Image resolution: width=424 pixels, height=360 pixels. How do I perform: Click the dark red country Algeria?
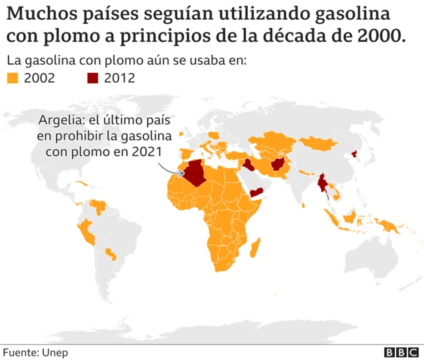tap(197, 173)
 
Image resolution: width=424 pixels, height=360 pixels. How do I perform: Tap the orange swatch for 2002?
tap(12, 79)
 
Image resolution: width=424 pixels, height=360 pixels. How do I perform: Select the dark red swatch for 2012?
tap(93, 79)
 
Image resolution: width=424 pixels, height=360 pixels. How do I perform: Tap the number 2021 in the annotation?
tap(147, 152)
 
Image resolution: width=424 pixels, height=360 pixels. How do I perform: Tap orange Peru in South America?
tap(85, 232)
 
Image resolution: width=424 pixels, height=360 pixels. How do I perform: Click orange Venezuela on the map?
tap(99, 206)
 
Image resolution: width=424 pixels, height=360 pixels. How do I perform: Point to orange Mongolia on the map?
tap(321, 142)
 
